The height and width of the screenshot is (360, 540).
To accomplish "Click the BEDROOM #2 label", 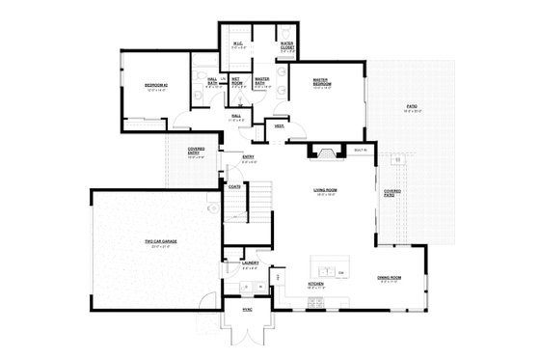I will (x=156, y=86).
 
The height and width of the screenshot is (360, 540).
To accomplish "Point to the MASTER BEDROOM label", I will (x=322, y=84).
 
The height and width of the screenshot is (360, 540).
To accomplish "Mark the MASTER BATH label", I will (x=260, y=82).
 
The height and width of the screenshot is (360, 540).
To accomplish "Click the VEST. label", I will (x=279, y=126).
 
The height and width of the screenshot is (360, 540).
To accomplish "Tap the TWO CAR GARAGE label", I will (x=152, y=242).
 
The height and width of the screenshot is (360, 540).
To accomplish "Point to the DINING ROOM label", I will (x=390, y=278).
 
